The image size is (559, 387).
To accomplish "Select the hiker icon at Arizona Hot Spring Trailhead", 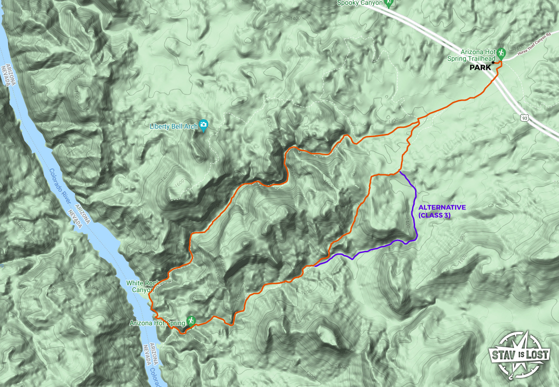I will [x=501, y=52].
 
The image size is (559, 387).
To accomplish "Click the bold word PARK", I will [x=480, y=68].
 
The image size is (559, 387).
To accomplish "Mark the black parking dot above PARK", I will [x=493, y=63].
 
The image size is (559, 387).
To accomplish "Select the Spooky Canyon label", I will [x=360, y=3].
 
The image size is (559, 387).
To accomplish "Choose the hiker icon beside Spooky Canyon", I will [x=389, y=3].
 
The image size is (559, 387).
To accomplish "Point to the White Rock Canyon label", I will [x=140, y=286].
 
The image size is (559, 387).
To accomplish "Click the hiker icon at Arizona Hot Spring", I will [x=191, y=321].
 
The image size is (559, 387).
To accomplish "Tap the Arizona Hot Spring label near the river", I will [x=157, y=323].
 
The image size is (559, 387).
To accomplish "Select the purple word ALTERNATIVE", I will [x=442, y=208].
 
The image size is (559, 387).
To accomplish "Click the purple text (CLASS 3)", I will [x=434, y=216].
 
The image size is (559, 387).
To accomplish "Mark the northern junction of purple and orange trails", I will [x=400, y=171].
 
